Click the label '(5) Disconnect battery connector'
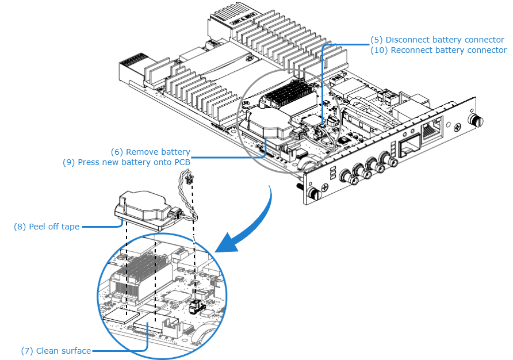(x=437, y=40)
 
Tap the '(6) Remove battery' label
(x=150, y=152)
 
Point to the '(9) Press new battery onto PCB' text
(x=127, y=162)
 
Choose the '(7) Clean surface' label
(x=56, y=350)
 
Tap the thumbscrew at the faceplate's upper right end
(x=475, y=120)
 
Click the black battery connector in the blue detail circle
(x=197, y=306)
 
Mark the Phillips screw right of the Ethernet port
(x=455, y=127)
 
